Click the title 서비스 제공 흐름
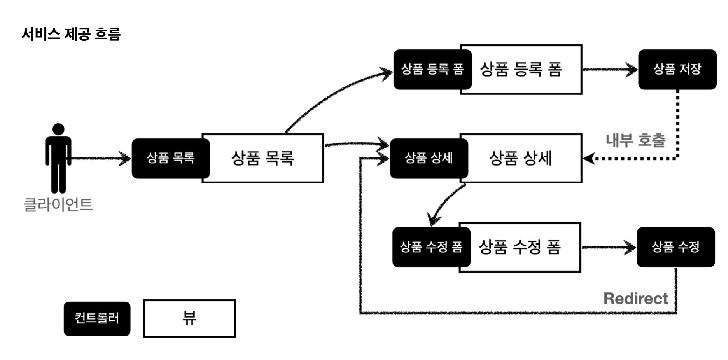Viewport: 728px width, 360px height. (x=71, y=34)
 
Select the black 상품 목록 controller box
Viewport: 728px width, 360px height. (x=171, y=158)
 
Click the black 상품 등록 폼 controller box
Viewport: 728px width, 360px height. (x=432, y=69)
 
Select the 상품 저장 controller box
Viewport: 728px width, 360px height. (x=677, y=69)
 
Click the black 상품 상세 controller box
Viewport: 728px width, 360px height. (x=429, y=158)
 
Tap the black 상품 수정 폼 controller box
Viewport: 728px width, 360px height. (x=431, y=247)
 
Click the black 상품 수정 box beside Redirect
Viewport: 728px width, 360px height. (x=676, y=247)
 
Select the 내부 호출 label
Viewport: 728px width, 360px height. (x=636, y=140)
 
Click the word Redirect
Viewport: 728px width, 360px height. (x=636, y=299)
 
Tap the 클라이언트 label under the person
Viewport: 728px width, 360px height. (x=58, y=204)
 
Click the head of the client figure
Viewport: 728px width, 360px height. (x=58, y=129)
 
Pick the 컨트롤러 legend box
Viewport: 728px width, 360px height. (x=97, y=319)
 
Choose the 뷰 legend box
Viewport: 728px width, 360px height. (x=190, y=318)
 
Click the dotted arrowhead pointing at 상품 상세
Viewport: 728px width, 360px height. (x=588, y=158)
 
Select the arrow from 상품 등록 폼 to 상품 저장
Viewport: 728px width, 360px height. (x=610, y=70)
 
